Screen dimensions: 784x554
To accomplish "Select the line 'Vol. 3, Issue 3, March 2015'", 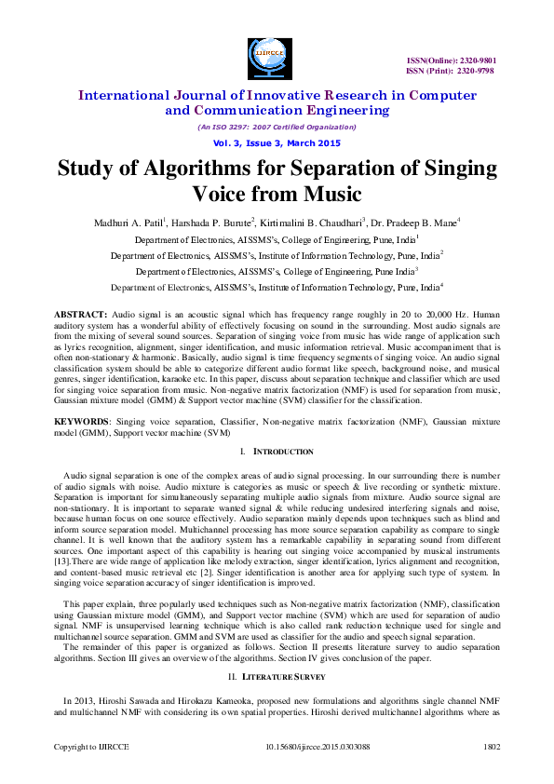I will point(277,143).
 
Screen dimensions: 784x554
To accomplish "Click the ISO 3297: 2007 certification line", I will point(277,127).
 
